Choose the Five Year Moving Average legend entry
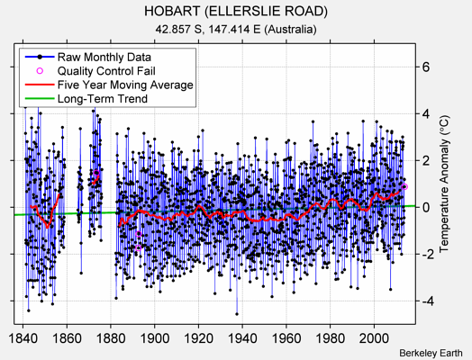[124, 85]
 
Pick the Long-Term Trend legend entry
[103, 99]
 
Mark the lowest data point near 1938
[237, 313]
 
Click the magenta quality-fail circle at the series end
[404, 186]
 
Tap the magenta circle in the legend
[40, 70]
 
